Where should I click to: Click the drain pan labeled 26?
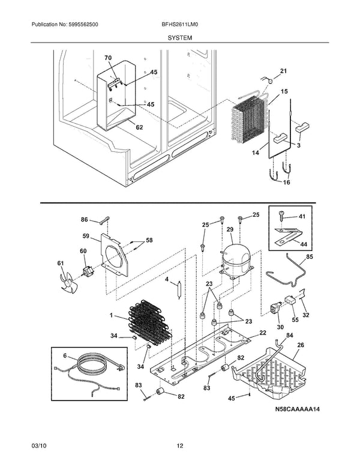click(x=270, y=372)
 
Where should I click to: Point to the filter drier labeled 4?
click(x=177, y=294)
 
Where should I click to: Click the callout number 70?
click(x=108, y=58)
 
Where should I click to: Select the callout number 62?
click(x=139, y=127)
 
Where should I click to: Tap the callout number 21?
click(x=283, y=71)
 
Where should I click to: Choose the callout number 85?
click(x=309, y=258)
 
